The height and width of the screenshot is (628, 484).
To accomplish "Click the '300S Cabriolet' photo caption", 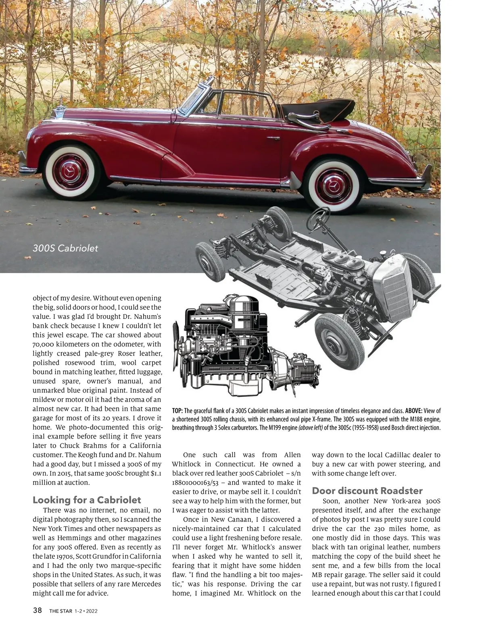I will (65, 248).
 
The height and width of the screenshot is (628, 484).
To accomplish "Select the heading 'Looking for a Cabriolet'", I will (87, 500).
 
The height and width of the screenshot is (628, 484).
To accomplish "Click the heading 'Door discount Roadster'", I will (367, 491).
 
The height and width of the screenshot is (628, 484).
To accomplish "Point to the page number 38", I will (38, 610).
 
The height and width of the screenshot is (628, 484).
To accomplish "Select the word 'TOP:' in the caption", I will (177, 411).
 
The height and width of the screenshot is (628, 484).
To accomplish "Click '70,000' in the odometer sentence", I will (45, 344).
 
